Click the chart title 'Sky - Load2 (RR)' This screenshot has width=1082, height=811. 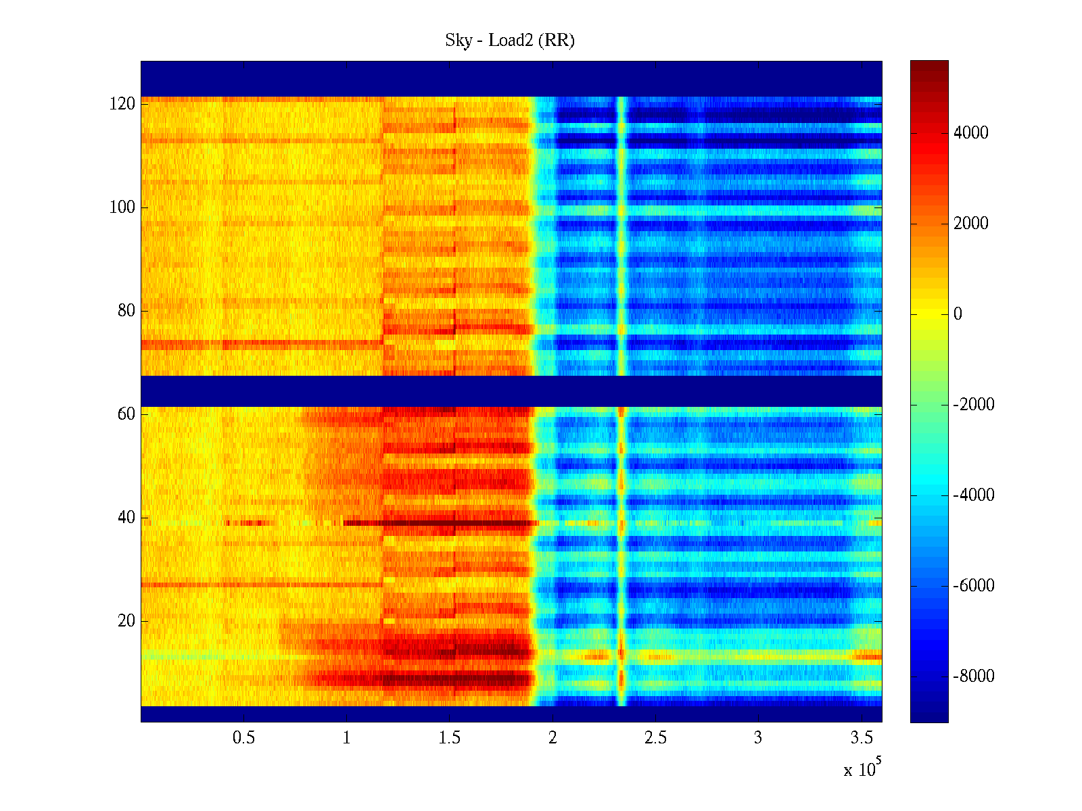click(509, 41)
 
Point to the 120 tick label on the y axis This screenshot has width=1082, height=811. click(122, 104)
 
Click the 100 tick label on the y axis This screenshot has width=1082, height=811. click(122, 207)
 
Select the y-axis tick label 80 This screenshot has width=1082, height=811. click(126, 311)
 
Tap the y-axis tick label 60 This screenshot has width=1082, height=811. click(126, 414)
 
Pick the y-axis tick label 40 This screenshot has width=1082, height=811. click(126, 518)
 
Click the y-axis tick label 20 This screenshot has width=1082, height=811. click(126, 621)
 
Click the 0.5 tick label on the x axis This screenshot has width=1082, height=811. click(243, 738)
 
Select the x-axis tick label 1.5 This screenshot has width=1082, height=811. click(449, 738)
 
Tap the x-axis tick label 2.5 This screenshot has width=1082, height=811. click(655, 738)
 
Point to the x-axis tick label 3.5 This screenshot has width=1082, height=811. click(862, 738)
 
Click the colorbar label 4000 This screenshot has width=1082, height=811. click(970, 133)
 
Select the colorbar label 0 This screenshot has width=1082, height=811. click(958, 314)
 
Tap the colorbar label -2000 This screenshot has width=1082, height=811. click(974, 405)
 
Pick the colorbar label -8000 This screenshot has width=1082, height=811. click(974, 677)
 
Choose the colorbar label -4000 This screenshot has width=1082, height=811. click(974, 495)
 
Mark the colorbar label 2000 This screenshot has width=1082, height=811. click(970, 224)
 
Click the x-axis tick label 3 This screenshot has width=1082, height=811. click(758, 738)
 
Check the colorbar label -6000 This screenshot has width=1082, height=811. click(974, 586)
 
